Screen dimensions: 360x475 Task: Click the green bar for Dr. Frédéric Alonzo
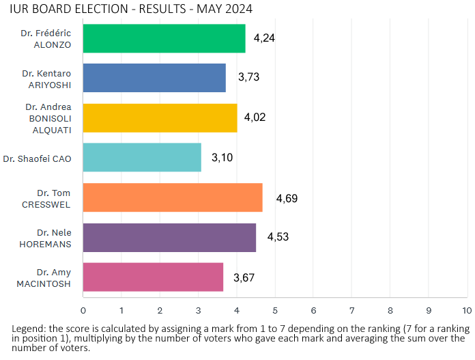click(x=164, y=38)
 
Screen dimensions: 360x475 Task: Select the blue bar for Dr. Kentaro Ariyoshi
click(x=154, y=78)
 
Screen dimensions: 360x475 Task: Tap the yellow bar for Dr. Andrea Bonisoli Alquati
click(x=160, y=117)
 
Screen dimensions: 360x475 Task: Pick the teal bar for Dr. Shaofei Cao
click(x=142, y=157)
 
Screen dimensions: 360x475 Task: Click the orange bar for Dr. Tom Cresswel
click(x=173, y=197)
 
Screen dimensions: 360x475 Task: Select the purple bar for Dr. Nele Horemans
click(x=169, y=237)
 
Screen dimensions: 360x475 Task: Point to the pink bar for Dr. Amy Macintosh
click(x=153, y=277)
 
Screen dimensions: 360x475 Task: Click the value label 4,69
click(x=287, y=199)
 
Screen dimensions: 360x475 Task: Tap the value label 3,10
click(x=222, y=158)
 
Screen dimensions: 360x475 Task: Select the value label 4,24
click(x=264, y=38)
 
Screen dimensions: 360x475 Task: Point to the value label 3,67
click(x=244, y=277)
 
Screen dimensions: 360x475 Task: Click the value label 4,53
click(x=278, y=237)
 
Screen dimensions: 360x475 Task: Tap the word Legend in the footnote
click(x=27, y=329)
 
